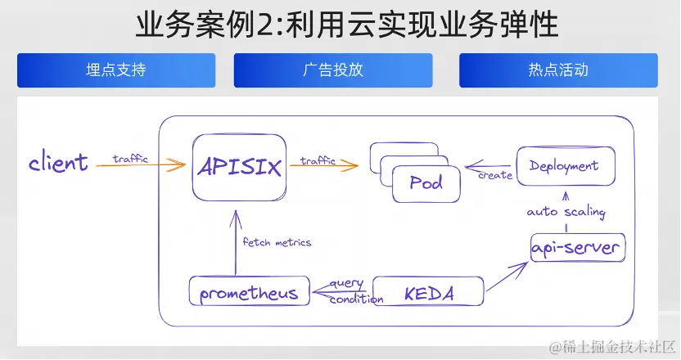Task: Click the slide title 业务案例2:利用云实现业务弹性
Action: pyautogui.click(x=347, y=25)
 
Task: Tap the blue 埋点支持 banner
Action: pyautogui.click(x=116, y=70)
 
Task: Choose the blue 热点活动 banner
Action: pyautogui.click(x=558, y=70)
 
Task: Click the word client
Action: pyautogui.click(x=58, y=162)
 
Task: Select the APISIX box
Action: pyautogui.click(x=240, y=168)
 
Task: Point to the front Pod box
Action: pyautogui.click(x=426, y=182)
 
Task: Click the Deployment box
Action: pyautogui.click(x=564, y=166)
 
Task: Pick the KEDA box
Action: pyautogui.click(x=428, y=292)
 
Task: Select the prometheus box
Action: pyautogui.click(x=249, y=292)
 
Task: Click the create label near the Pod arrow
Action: pyautogui.click(x=494, y=175)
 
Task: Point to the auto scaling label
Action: pyautogui.click(x=566, y=212)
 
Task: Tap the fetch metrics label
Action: pyautogui.click(x=277, y=242)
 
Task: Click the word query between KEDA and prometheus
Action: pyautogui.click(x=345, y=283)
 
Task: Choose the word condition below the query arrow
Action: pyautogui.click(x=356, y=299)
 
